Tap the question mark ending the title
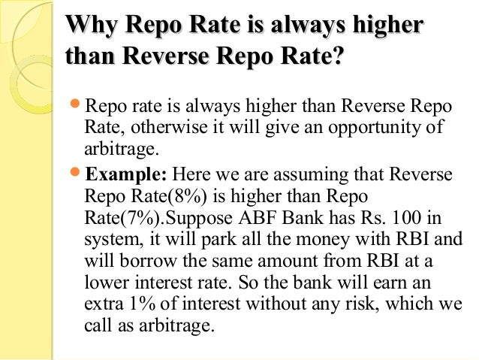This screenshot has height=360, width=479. tap(342, 57)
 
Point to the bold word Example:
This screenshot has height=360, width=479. tap(125, 175)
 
